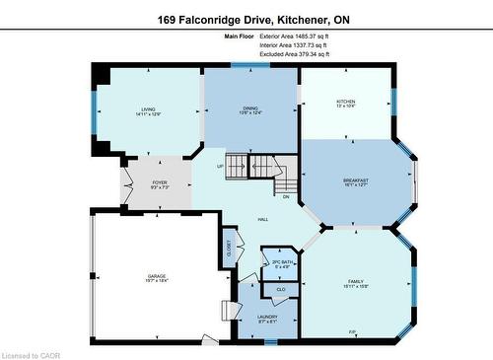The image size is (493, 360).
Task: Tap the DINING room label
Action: point(251,108)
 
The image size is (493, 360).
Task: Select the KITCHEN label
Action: point(346,102)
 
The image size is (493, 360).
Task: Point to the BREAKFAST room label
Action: point(356,180)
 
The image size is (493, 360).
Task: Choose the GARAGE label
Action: point(156,276)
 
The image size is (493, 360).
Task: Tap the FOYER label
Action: point(159,183)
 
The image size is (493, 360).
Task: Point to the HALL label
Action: point(263,219)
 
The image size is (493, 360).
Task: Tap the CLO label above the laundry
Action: point(280,289)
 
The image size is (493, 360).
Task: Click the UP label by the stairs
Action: point(220,166)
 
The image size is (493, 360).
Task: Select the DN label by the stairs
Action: point(286,196)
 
